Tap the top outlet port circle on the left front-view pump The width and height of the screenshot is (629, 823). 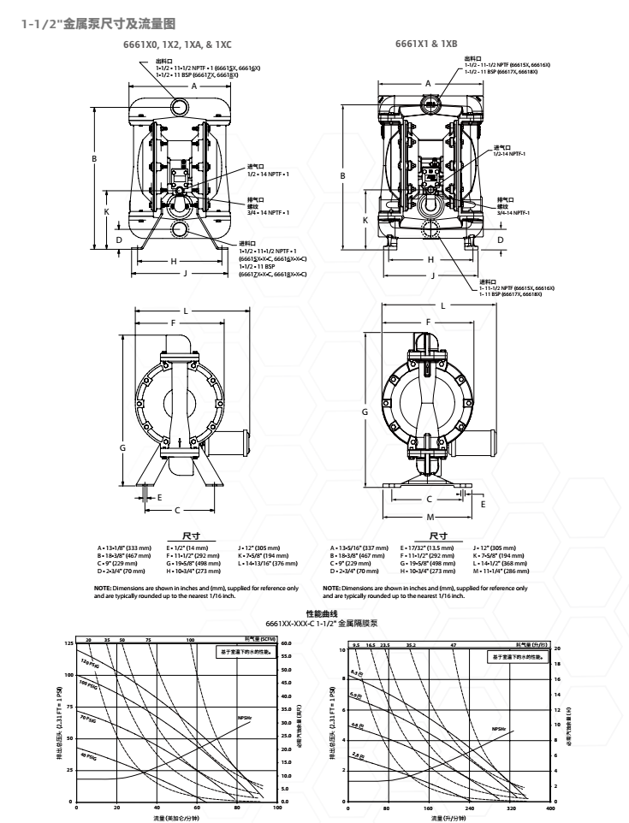coord(180,106)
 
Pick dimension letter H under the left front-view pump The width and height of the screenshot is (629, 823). coord(174,261)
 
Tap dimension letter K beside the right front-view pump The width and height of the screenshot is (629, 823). coord(365,220)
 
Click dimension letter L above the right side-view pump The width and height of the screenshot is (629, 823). coord(443,305)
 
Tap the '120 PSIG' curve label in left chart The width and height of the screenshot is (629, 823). coord(89,664)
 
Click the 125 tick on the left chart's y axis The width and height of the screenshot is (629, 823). coord(68,642)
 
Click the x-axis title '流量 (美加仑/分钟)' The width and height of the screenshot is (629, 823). coord(177,817)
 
